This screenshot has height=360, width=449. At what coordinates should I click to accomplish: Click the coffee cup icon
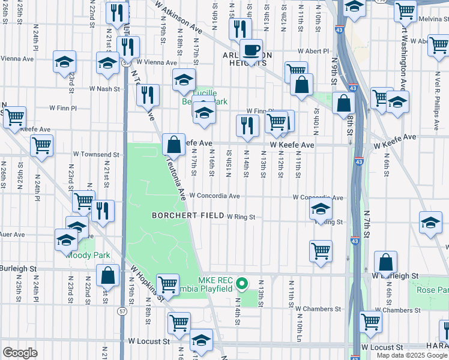point(251,49)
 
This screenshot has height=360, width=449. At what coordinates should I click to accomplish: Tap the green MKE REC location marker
point(241,283)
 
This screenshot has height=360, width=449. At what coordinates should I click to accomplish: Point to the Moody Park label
point(88,255)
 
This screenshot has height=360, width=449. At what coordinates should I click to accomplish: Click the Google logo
point(20,352)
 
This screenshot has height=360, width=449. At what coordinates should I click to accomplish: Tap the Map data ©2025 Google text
point(412,355)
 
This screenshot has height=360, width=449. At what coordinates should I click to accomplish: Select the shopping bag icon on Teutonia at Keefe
point(173,145)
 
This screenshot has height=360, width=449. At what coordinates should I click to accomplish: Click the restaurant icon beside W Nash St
point(148,95)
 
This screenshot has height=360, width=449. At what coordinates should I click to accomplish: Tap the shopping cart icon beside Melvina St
point(406,10)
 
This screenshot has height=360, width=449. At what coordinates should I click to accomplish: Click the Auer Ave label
point(12,234)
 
